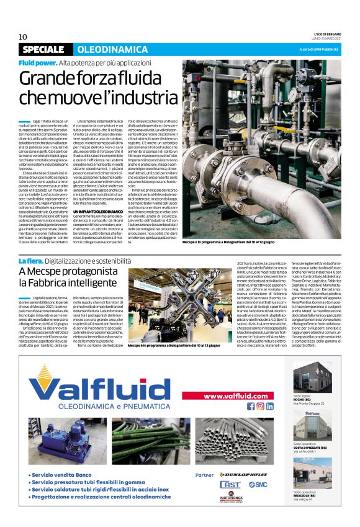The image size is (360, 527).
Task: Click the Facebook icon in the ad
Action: click(x=251, y=406)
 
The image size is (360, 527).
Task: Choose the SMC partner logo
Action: click(x=258, y=484)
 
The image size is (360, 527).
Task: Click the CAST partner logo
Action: click(x=230, y=484)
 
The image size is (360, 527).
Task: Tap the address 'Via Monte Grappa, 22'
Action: click(x=308, y=403)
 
